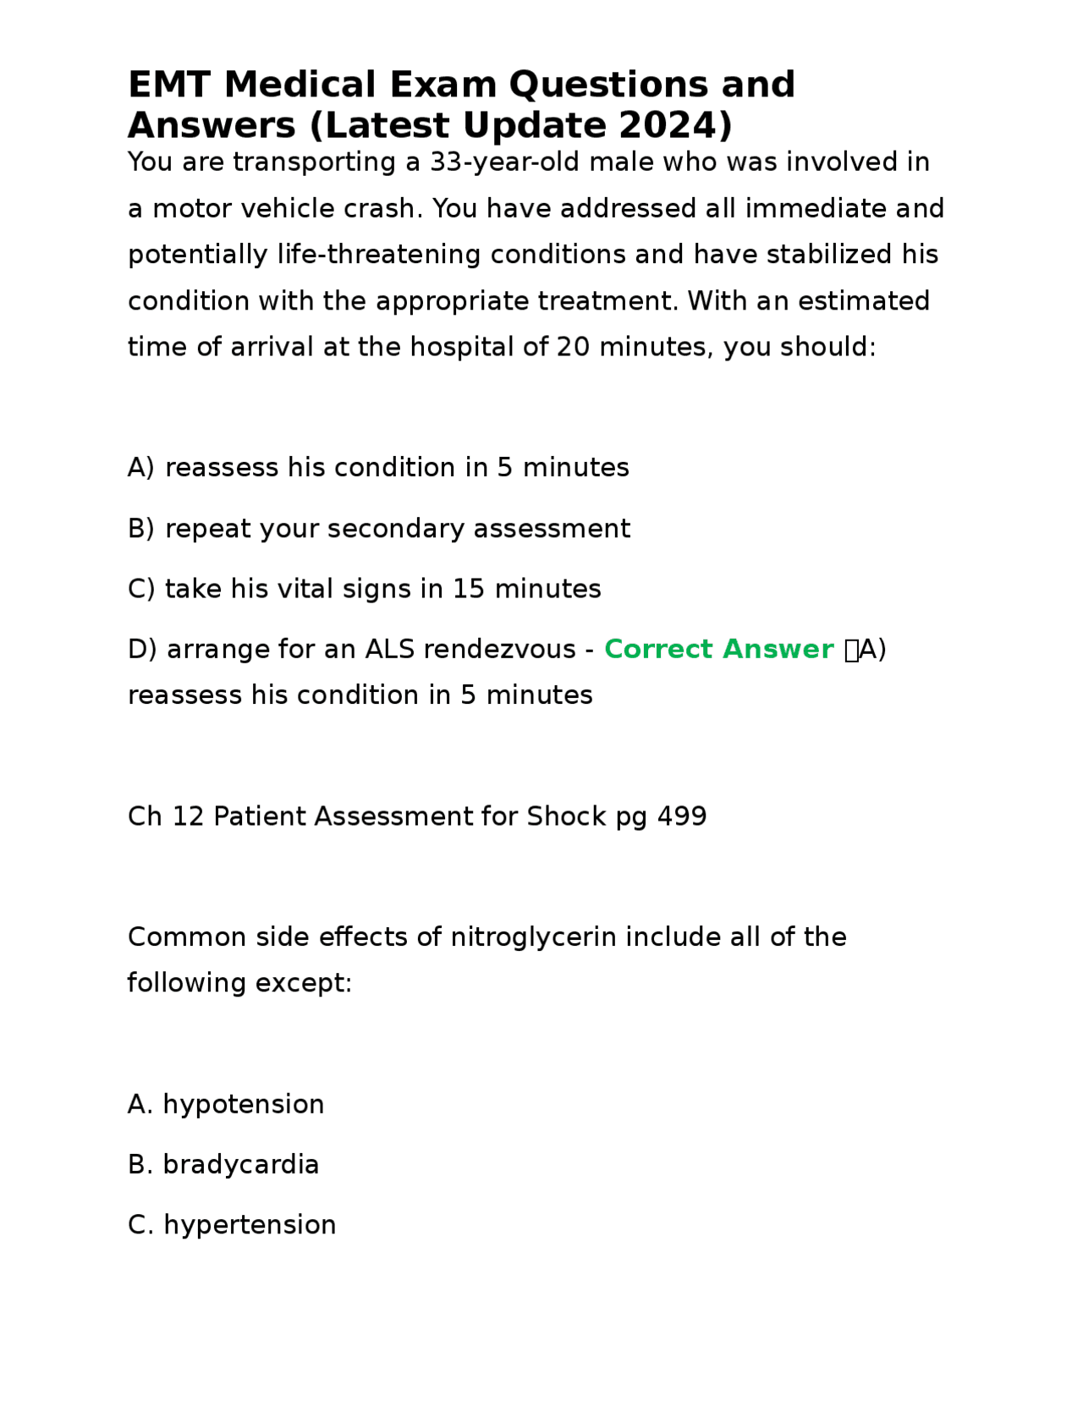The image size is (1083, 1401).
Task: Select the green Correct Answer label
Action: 718,649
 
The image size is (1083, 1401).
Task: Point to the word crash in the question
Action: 382,208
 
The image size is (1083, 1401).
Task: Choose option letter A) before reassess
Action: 141,468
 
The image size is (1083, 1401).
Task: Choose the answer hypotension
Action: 243,1104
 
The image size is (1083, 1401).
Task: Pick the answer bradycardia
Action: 240,1165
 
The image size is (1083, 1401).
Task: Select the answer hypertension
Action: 250,1225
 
